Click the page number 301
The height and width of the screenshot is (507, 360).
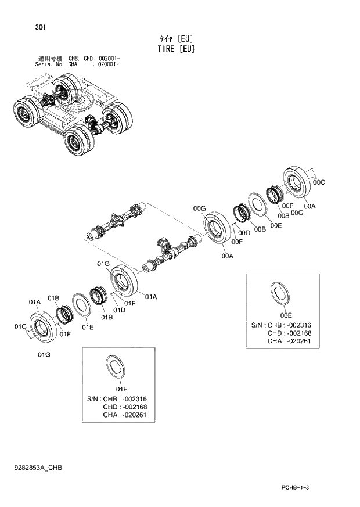[41, 27]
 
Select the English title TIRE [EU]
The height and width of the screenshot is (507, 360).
[175, 49]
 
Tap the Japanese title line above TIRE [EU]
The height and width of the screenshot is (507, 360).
[175, 38]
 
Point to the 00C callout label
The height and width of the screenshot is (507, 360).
[319, 182]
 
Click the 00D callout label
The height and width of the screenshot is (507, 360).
[244, 233]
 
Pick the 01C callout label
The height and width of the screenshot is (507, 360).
[20, 327]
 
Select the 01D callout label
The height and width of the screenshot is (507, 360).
[120, 310]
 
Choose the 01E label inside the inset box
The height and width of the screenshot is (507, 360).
[121, 389]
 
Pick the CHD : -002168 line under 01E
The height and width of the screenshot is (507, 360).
[128, 407]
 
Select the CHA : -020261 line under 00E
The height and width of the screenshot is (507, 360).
[293, 341]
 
